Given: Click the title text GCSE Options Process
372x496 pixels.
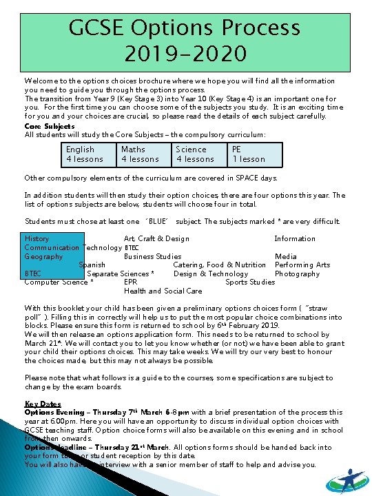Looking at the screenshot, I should (x=185, y=28).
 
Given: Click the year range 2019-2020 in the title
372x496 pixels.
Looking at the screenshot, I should (x=185, y=52).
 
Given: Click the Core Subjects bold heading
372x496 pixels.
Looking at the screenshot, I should (x=50, y=126).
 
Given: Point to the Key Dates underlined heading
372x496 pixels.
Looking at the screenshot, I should (x=43, y=404).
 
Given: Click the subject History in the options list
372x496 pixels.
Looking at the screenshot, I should (x=37, y=239).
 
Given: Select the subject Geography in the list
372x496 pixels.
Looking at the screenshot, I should (x=43, y=256).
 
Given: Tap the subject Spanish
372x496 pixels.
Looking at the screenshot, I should (x=92, y=265).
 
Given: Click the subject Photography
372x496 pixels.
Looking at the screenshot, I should (x=297, y=273).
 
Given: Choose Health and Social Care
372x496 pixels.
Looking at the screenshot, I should (x=163, y=291).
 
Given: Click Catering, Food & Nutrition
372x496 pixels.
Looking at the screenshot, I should (x=219, y=265).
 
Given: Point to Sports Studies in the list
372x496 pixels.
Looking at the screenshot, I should (x=250, y=282).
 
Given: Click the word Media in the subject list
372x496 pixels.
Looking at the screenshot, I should (x=286, y=256).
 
